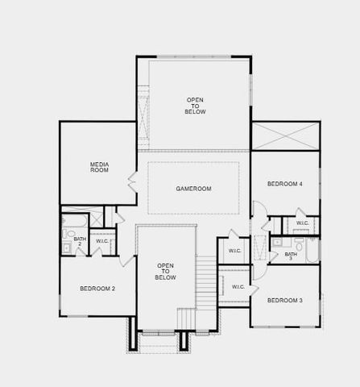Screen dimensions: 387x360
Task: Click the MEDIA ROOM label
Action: point(99,168)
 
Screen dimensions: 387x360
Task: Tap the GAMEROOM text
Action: point(193,189)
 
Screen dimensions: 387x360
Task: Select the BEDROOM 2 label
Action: point(97,288)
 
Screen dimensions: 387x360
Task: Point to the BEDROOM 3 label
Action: point(284,300)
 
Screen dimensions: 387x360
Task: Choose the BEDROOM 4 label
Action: point(284,184)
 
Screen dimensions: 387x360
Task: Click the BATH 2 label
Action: point(80,241)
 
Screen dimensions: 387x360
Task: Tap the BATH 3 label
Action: point(290,256)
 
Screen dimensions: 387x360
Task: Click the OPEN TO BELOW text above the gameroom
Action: point(195,106)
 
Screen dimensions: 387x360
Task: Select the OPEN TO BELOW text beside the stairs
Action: point(165,271)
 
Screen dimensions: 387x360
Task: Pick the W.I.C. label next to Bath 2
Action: point(102,241)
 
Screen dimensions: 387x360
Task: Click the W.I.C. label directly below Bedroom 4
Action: point(302,223)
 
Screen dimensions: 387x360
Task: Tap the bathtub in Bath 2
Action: point(73,219)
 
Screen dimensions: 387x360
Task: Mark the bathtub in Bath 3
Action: point(312,249)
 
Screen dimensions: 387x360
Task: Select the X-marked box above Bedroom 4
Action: point(285,135)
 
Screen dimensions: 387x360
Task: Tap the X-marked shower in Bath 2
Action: point(96,218)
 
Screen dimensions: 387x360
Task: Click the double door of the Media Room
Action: point(132,181)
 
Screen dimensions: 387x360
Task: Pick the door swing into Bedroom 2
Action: point(125,260)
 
